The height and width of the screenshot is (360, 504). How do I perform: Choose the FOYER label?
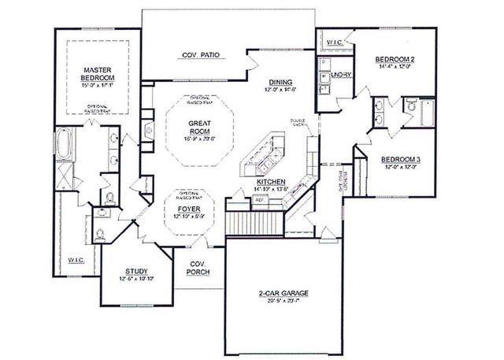[187, 210]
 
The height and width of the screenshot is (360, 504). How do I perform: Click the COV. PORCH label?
[197, 270]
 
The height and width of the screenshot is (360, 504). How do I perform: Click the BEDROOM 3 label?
[402, 160]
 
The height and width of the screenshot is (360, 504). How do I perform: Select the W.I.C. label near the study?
[76, 259]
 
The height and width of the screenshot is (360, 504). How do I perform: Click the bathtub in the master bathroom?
[67, 146]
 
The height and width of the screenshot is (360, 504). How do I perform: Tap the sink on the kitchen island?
[265, 164]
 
